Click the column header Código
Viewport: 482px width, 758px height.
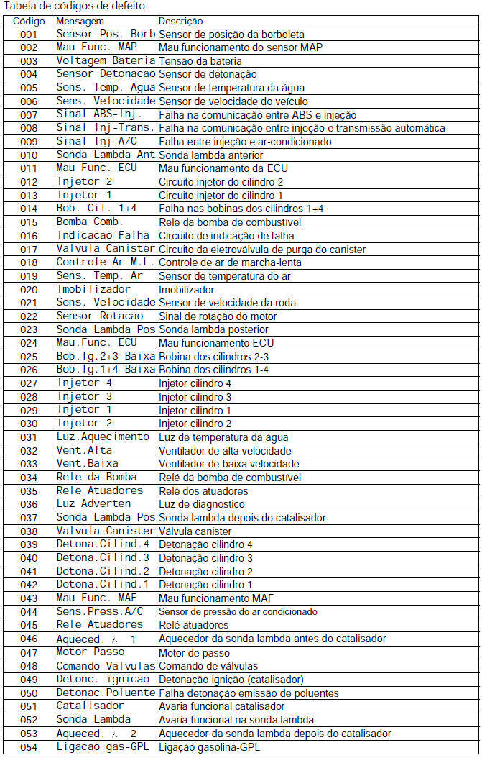tap(28, 22)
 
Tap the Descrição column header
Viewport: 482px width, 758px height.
tap(180, 22)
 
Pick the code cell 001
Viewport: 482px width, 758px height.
tap(29, 35)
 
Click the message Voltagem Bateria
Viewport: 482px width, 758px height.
tap(106, 60)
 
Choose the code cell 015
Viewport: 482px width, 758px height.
tap(29, 222)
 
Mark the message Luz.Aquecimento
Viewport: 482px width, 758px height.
tap(103, 437)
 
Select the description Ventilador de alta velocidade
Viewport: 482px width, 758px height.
tap(225, 451)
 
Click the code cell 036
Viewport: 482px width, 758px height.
tap(29, 504)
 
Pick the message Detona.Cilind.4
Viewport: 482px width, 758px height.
tap(103, 544)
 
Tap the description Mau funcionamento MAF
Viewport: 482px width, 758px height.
tap(215, 598)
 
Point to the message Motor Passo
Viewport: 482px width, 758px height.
tap(90, 652)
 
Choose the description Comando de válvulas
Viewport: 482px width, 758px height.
tap(208, 666)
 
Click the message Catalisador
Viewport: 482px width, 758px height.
tap(90, 706)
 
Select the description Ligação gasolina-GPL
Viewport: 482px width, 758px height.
tap(209, 747)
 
